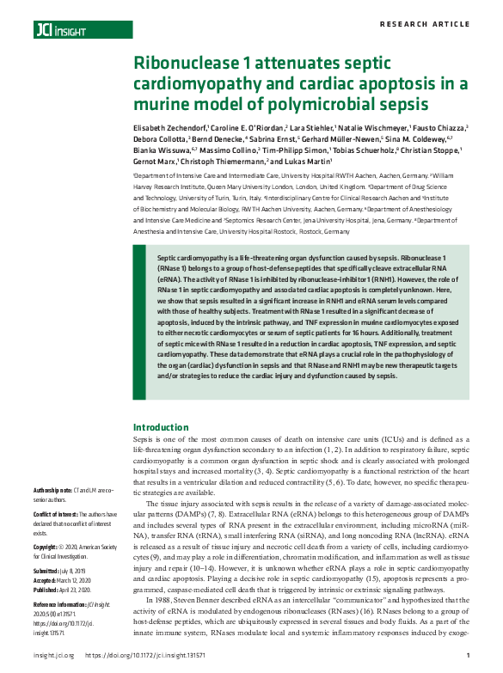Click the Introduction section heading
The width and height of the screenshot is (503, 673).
click(160, 427)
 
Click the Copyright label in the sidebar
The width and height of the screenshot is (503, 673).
click(50, 546)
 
